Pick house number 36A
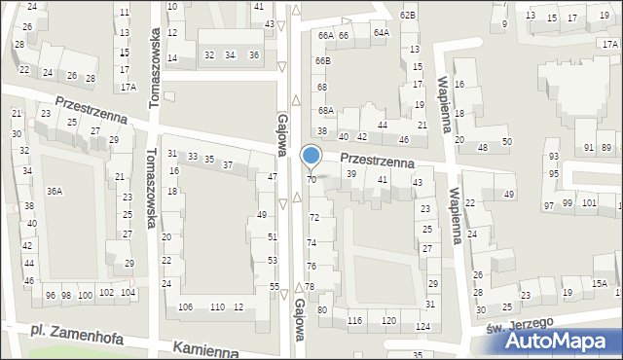tap(55, 191)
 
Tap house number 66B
tap(322, 61)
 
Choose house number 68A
tap(325, 111)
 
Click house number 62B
tap(408, 15)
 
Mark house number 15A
tap(599, 283)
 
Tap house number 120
tap(388, 320)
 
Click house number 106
tap(185, 307)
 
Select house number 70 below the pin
tap(311, 180)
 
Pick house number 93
tap(553, 157)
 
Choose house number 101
tap(589, 202)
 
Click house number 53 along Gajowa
tap(273, 261)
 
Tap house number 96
tap(50, 295)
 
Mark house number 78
tap(310, 286)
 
